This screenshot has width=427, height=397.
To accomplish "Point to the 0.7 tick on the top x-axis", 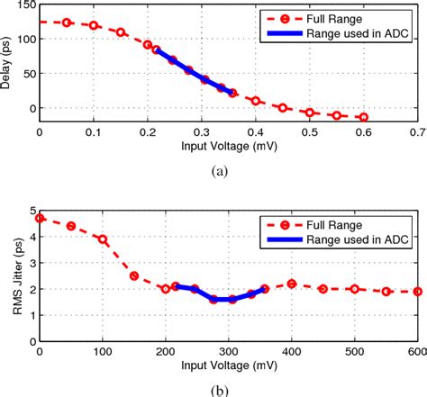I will [417, 131].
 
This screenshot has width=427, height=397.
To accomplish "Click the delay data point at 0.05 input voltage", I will [67, 23].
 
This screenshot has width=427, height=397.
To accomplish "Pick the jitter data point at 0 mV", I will [40, 218].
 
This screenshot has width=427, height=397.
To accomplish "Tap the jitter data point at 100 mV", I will [103, 239].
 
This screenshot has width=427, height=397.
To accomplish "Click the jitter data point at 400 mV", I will [292, 284].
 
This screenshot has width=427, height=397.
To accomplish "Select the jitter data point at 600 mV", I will [417, 292].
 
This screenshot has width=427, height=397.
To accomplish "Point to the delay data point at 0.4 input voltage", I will [256, 101].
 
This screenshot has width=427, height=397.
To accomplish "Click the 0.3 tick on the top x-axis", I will [202, 131].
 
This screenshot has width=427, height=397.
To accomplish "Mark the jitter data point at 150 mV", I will [134, 275].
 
